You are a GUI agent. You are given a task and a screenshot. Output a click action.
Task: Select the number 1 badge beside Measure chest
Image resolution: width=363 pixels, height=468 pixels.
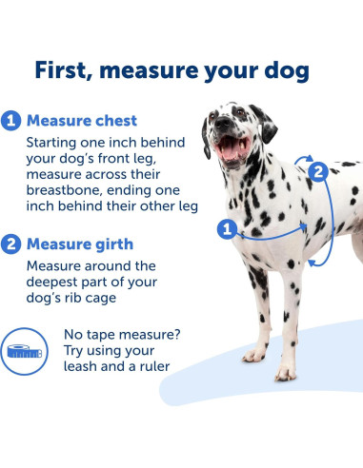11,122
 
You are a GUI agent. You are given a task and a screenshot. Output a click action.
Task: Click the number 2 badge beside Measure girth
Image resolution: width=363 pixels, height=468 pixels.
11,244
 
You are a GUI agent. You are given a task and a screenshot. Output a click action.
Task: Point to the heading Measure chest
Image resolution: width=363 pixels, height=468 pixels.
82,122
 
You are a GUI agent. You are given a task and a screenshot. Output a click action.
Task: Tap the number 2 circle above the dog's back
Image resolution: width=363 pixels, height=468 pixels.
319,171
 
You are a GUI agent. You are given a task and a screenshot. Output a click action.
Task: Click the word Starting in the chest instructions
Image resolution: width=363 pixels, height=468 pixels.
58,142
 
